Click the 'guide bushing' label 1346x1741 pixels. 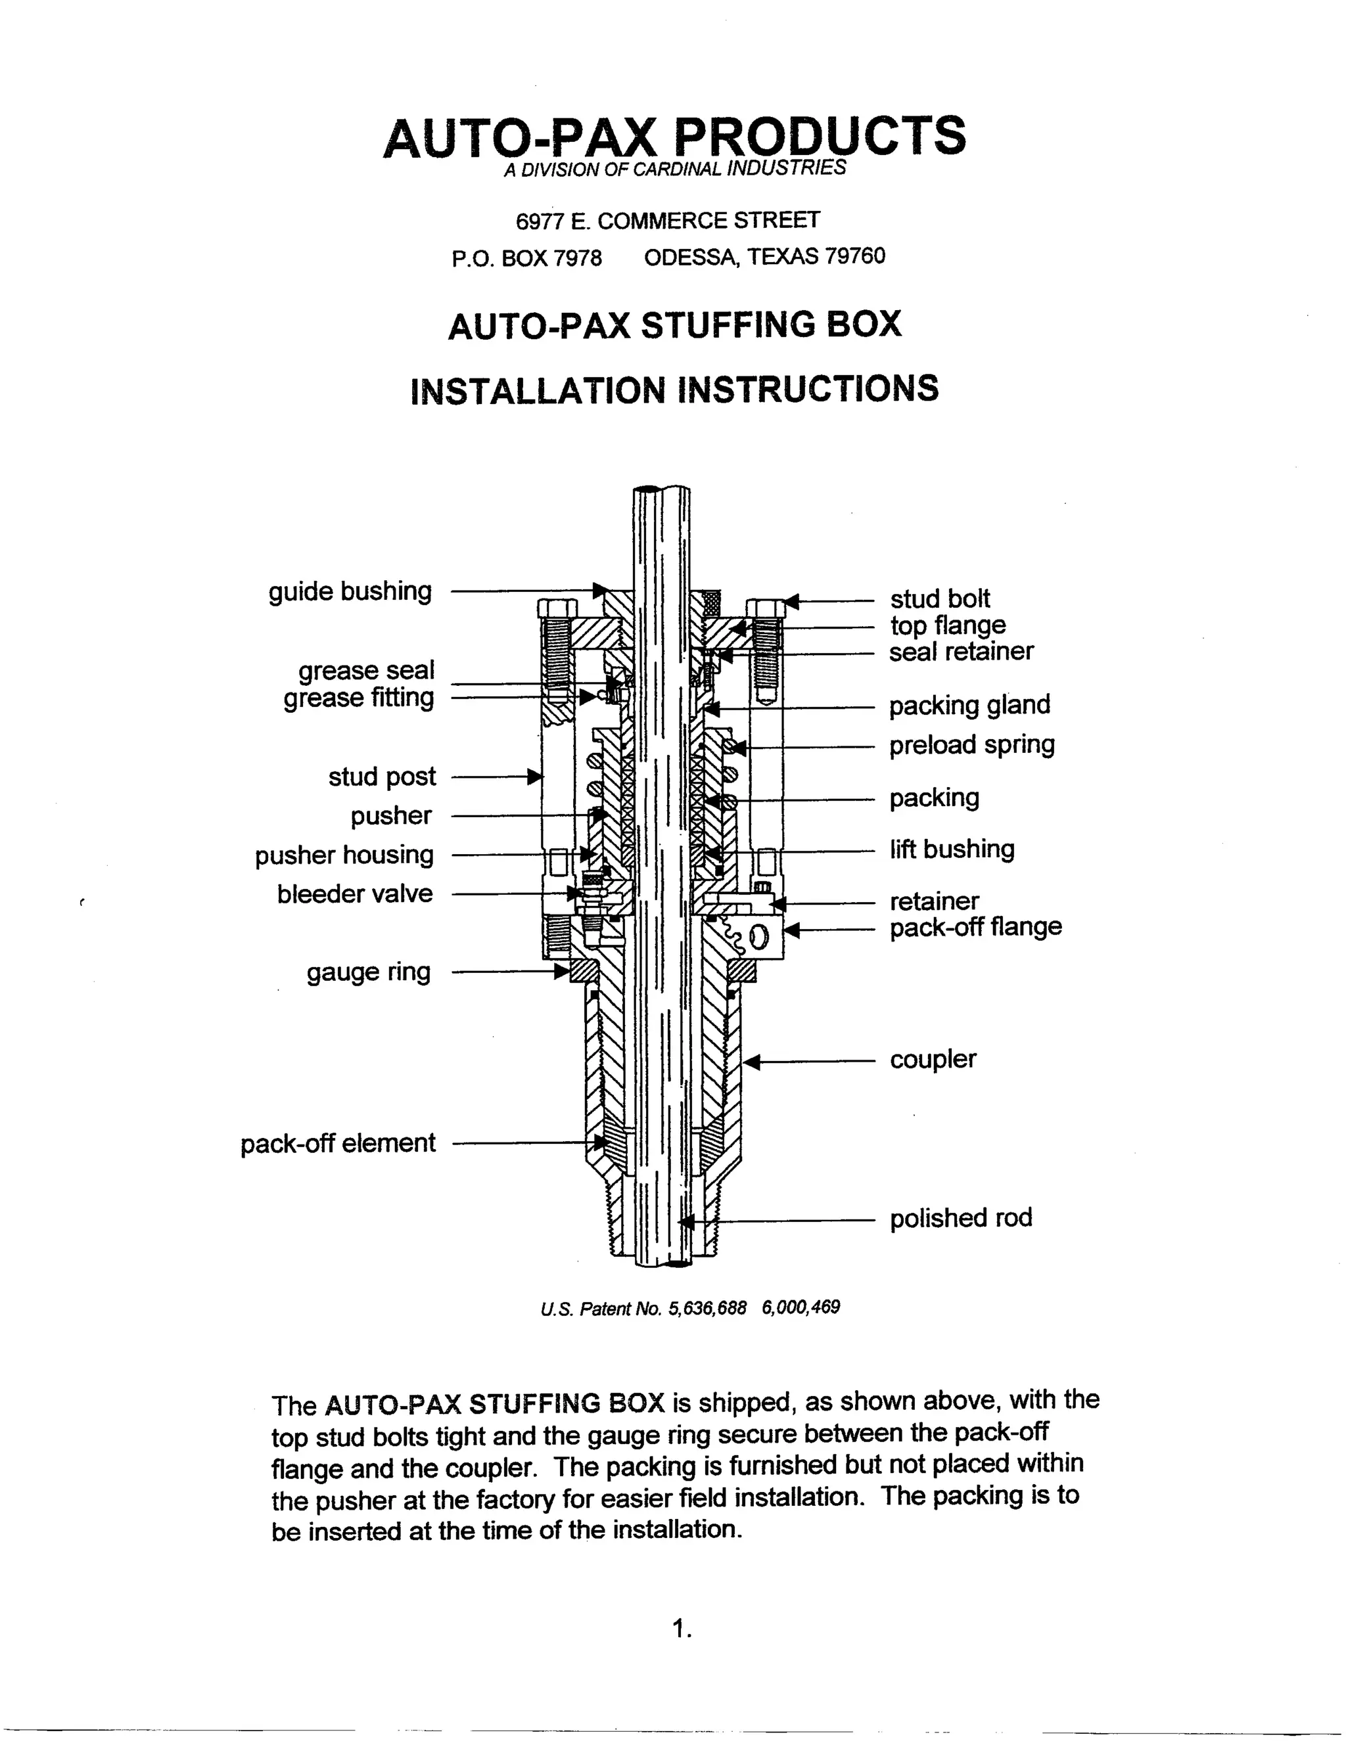350,591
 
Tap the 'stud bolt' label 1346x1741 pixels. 939,599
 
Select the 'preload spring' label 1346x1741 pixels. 971,744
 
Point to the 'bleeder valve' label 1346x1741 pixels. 355,893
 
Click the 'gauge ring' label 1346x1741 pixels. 369,972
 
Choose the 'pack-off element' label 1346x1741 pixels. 338,1143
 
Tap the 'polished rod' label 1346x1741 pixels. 961,1218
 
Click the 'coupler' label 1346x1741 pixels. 933,1060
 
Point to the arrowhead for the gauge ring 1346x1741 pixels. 563,972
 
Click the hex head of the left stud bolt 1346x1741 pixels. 557,609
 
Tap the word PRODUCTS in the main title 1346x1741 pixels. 820,135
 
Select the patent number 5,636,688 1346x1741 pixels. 707,1308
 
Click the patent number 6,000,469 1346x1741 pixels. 801,1307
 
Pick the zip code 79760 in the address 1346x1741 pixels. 855,256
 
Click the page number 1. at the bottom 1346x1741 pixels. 682,1629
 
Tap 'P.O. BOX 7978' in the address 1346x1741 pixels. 526,258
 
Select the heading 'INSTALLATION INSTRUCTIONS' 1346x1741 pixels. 674,390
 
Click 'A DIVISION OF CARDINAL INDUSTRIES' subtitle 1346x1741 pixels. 674,169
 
